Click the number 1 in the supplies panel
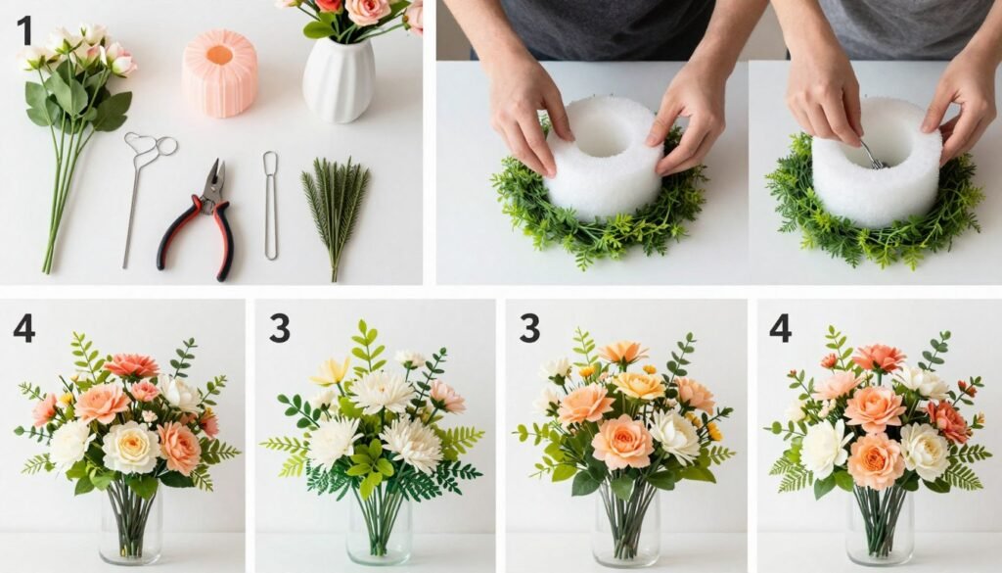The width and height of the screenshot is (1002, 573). pyautogui.click(x=23, y=31)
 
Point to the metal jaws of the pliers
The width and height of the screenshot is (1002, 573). pyautogui.click(x=214, y=177)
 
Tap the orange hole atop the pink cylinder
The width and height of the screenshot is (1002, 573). pyautogui.click(x=219, y=53)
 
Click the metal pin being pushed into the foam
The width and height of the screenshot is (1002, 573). pyautogui.click(x=869, y=154)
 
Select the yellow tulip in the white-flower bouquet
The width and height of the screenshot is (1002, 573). pyautogui.click(x=330, y=371)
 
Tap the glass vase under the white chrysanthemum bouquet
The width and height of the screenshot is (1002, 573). pyautogui.click(x=379, y=529)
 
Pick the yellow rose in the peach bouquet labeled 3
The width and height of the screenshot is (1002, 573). pyautogui.click(x=639, y=385)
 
